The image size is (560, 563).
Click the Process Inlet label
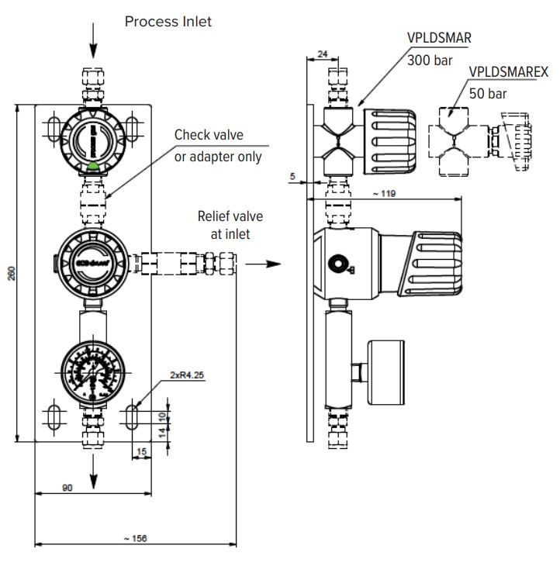pyautogui.click(x=168, y=22)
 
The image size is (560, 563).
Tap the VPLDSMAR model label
pyautogui.click(x=440, y=36)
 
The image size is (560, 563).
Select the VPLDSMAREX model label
pyautogui.click(x=510, y=72)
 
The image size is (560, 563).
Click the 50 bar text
pyautogui.click(x=487, y=93)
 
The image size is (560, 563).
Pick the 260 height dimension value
pyautogui.click(x=11, y=274)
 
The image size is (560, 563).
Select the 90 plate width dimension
pyautogui.click(x=67, y=489)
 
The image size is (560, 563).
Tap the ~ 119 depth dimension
pyautogui.click(x=383, y=193)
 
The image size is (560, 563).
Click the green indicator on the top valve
pyautogui.click(x=93, y=164)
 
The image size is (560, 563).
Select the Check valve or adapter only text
pyautogui.click(x=217, y=146)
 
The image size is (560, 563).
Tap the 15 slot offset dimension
pyautogui.click(x=142, y=451)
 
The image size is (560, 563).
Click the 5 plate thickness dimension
pyautogui.click(x=292, y=176)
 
